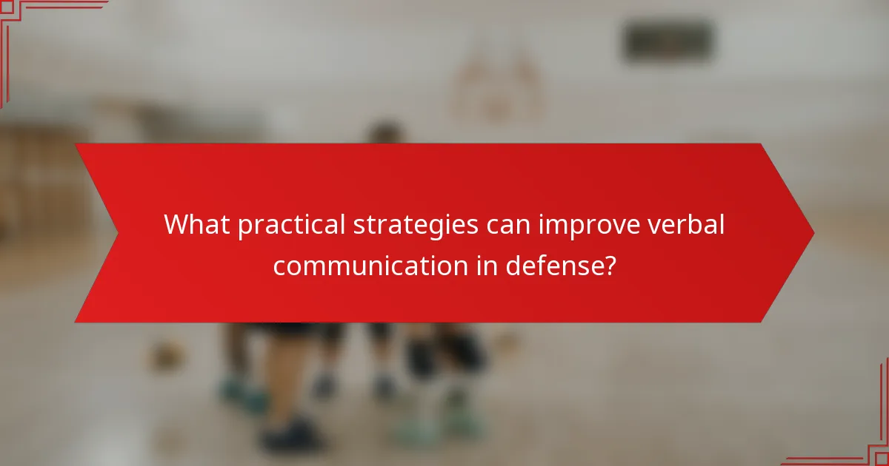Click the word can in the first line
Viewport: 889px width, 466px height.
tap(512, 224)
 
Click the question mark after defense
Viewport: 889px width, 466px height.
tap(610, 264)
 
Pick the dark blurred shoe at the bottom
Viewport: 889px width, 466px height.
tap(293, 436)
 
